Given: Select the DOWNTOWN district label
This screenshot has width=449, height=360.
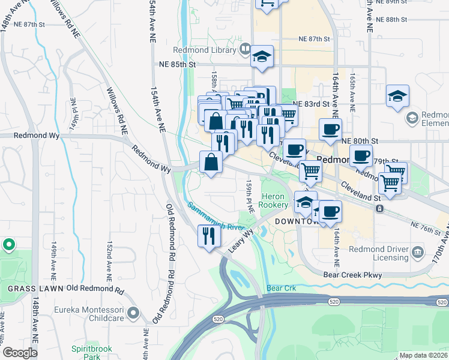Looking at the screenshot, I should click(295, 221).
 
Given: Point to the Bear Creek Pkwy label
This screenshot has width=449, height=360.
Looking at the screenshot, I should click(352, 274).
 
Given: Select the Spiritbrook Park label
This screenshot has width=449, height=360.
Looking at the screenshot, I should click(86, 352).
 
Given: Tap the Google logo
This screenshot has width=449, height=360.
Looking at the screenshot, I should click(20, 353).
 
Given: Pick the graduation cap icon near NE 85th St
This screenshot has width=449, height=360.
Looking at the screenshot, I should click(262, 56).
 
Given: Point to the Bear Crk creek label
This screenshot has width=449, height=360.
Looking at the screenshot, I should click(282, 288).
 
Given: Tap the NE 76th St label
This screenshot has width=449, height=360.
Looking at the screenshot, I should click(426, 224).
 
